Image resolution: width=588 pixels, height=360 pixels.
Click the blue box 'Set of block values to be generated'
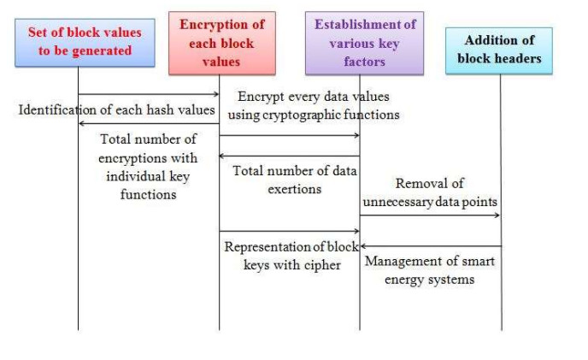tap(85, 42)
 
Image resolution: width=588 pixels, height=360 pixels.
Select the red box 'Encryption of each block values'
tap(221, 43)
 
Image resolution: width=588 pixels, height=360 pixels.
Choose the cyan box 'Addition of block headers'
tap(499, 50)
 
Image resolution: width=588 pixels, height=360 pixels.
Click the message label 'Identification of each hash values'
tap(116, 109)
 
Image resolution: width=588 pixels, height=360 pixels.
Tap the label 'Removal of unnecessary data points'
tap(429, 193)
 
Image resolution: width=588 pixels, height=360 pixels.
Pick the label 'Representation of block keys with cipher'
tap(288, 256)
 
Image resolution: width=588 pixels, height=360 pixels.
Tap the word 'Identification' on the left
tap(61, 109)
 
